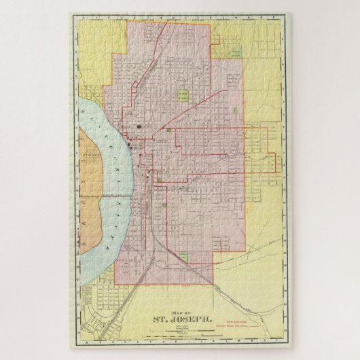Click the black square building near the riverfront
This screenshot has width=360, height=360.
pos(139,126)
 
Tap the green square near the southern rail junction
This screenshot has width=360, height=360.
pos(183,256)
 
